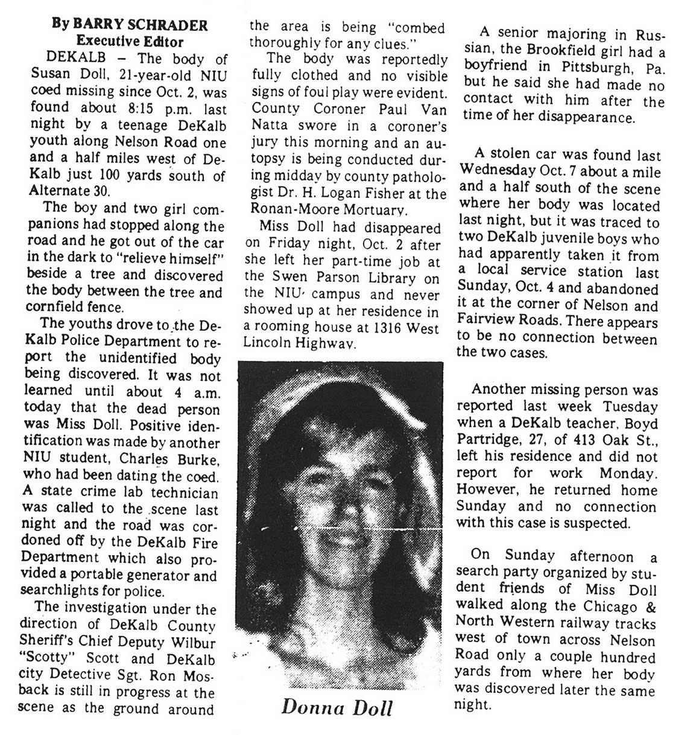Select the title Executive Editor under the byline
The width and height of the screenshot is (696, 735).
click(x=130, y=42)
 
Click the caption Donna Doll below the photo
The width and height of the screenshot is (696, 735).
click(x=337, y=707)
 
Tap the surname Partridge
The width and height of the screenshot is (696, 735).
click(x=489, y=440)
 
